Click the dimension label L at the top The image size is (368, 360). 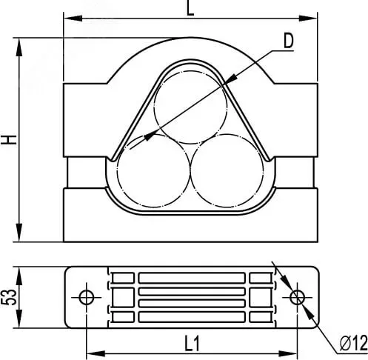tap(190, 9)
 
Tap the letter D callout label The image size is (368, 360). tap(289, 41)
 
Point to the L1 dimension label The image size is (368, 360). tap(192, 344)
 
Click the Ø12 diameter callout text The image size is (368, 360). tap(354, 344)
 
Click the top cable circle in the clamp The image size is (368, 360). tap(190, 107)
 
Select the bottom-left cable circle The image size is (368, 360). tap(153, 170)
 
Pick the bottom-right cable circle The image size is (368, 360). tap(227, 170)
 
